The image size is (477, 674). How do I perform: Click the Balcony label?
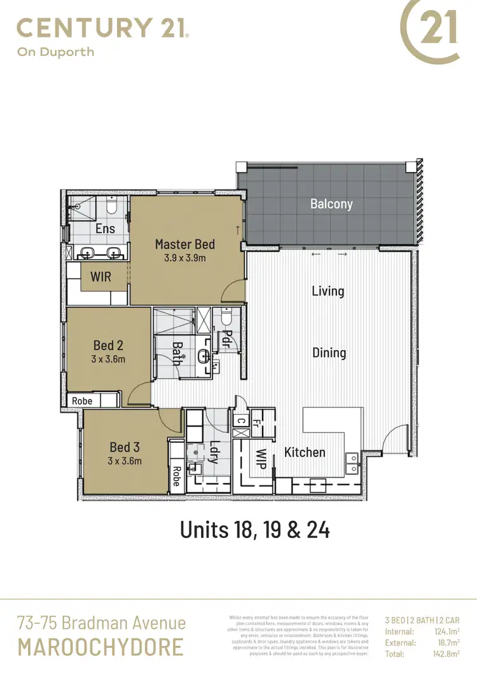(x=331, y=204)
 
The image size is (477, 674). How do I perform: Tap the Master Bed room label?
(x=185, y=244)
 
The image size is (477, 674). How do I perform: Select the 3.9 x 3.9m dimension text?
(x=185, y=258)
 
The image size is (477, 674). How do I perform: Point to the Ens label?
(x=105, y=229)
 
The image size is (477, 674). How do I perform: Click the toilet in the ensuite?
(x=112, y=206)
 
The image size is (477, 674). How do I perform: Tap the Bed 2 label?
(x=108, y=346)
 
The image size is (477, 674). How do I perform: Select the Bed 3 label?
(x=124, y=447)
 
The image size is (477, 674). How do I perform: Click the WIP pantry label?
(x=261, y=459)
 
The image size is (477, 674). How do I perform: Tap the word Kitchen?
(x=305, y=452)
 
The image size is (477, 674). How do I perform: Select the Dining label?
(x=329, y=353)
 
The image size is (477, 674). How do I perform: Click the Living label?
(x=328, y=291)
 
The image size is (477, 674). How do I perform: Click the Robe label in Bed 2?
(x=82, y=401)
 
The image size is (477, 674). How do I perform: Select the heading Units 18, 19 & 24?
(x=255, y=529)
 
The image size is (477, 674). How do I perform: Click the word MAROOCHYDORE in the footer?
(x=100, y=647)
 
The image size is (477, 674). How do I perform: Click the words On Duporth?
(x=55, y=51)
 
